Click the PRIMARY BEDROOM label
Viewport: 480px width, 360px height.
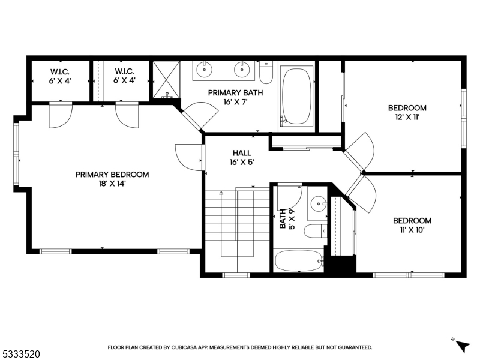pyautogui.click(x=112, y=175)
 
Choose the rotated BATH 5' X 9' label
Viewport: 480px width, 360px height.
pyautogui.click(x=286, y=220)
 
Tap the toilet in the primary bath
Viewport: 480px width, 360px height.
pyautogui.click(x=266, y=72)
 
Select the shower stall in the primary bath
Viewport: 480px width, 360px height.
pyautogui.click(x=166, y=80)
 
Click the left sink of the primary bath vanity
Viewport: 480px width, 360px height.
pyautogui.click(x=205, y=70)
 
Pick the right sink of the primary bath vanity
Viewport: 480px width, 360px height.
pyautogui.click(x=242, y=70)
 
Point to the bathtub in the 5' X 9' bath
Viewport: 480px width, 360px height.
pyautogui.click(x=298, y=261)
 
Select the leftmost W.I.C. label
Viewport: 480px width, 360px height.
pyautogui.click(x=60, y=76)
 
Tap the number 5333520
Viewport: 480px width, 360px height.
pyautogui.click(x=20, y=355)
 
